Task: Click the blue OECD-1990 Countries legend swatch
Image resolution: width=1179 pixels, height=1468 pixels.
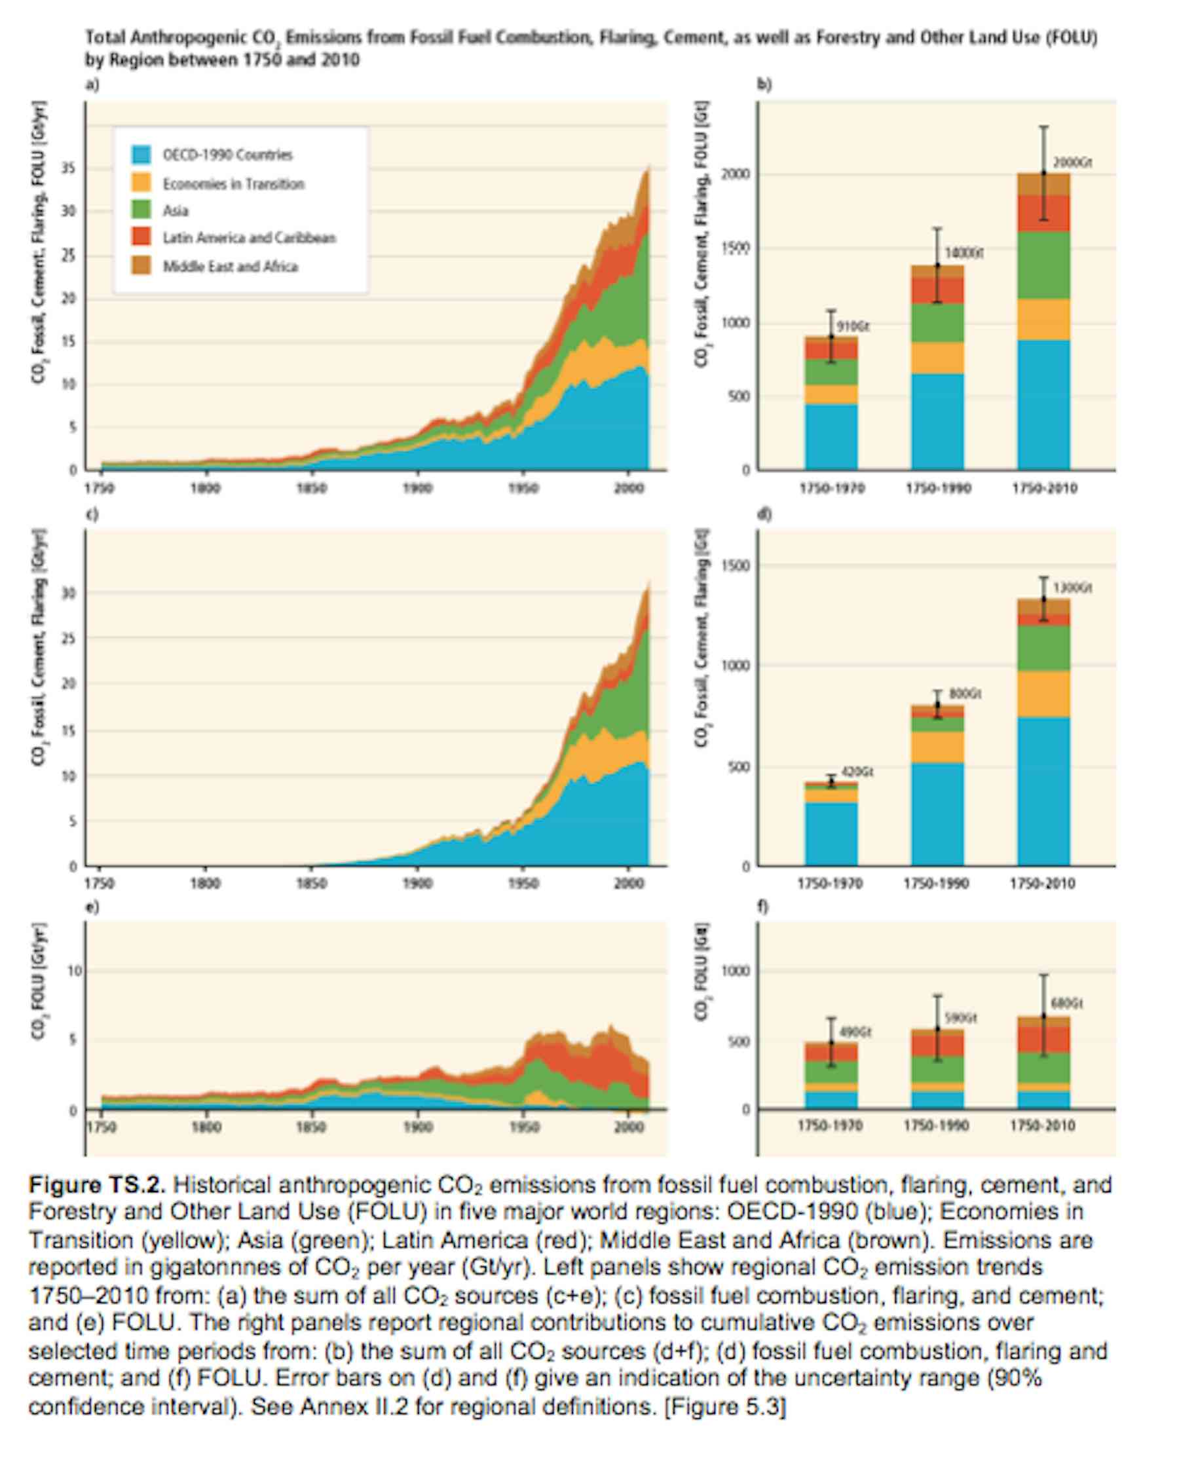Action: click(141, 155)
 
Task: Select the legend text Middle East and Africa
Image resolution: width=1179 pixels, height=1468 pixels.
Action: click(230, 266)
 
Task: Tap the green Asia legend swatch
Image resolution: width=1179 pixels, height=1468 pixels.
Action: click(141, 210)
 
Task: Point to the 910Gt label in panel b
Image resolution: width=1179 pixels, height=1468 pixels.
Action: click(853, 326)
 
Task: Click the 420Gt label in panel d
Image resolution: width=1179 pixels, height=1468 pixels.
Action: click(857, 772)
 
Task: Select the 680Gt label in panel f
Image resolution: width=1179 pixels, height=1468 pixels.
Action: click(1067, 1004)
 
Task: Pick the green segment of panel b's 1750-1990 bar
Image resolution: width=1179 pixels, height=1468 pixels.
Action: click(937, 323)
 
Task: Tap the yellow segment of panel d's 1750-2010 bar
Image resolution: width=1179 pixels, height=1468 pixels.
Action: click(1043, 694)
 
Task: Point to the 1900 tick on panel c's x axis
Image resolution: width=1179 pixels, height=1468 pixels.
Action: click(417, 883)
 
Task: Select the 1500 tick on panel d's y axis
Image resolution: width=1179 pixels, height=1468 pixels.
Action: click(736, 566)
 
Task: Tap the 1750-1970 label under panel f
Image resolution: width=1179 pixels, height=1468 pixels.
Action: click(830, 1125)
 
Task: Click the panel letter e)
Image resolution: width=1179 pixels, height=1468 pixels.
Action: click(91, 907)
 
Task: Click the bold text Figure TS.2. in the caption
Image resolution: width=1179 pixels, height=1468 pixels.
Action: click(97, 1186)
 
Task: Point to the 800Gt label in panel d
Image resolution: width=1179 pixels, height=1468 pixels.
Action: click(965, 693)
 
